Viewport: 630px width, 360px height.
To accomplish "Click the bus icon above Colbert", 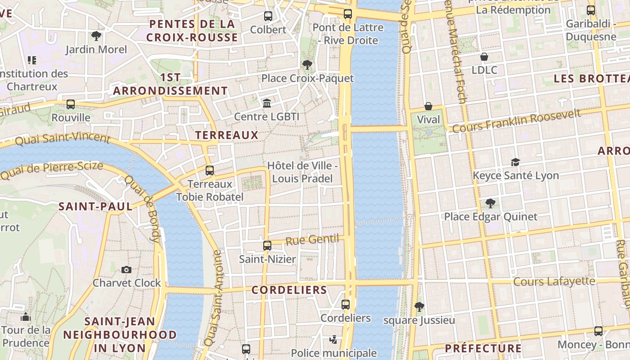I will (268, 16).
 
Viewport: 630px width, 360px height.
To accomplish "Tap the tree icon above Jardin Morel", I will (96, 36).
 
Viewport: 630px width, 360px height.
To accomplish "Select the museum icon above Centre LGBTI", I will (267, 103).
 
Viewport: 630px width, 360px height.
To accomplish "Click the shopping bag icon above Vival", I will (428, 106).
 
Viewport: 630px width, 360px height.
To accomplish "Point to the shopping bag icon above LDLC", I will (484, 57).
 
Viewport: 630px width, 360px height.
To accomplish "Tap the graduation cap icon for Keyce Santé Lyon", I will (515, 162).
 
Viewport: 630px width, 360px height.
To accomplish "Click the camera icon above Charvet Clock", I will (126, 270).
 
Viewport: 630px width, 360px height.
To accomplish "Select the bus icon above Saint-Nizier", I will (267, 246).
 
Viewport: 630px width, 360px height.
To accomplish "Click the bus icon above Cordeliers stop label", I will (346, 305).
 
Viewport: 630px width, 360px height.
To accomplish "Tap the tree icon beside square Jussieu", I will (419, 307).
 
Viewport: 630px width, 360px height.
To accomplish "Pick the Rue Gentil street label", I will (312, 239).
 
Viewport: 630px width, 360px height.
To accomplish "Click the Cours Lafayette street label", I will (554, 282).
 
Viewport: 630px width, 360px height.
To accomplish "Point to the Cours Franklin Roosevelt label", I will (516, 121).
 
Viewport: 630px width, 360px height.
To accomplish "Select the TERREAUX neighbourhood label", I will (227, 135).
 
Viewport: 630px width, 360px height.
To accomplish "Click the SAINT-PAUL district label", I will (96, 207).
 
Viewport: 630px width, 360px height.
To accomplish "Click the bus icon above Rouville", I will (71, 104).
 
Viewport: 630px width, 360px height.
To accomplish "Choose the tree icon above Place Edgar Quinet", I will (490, 203).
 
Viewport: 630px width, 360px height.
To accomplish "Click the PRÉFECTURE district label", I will (483, 348).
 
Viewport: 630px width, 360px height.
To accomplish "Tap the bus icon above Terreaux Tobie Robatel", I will (210, 171).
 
